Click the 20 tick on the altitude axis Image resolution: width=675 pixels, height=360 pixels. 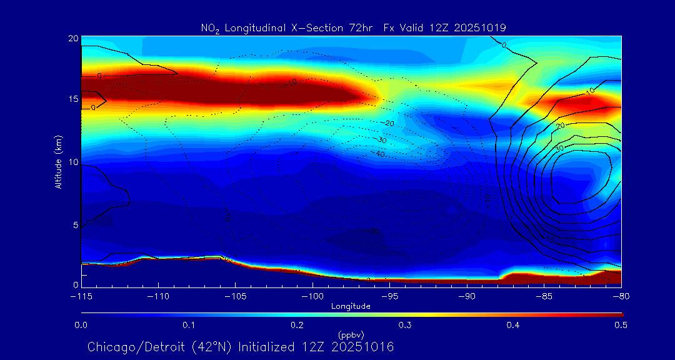click(x=72, y=39)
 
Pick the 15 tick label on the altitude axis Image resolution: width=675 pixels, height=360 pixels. click(x=72, y=99)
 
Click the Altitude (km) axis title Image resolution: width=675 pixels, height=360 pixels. click(x=58, y=161)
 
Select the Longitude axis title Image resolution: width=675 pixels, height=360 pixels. click(x=351, y=306)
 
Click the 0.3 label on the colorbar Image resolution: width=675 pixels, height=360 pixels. click(x=405, y=326)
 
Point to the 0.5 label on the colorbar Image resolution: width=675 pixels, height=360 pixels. click(x=621, y=326)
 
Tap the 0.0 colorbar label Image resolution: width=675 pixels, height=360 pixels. click(x=81, y=326)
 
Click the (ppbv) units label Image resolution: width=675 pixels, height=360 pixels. click(x=351, y=334)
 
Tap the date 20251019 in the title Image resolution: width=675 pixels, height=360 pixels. click(x=479, y=27)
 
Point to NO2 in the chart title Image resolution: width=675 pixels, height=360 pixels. click(x=210, y=28)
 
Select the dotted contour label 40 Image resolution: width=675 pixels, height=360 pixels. click(x=380, y=154)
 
